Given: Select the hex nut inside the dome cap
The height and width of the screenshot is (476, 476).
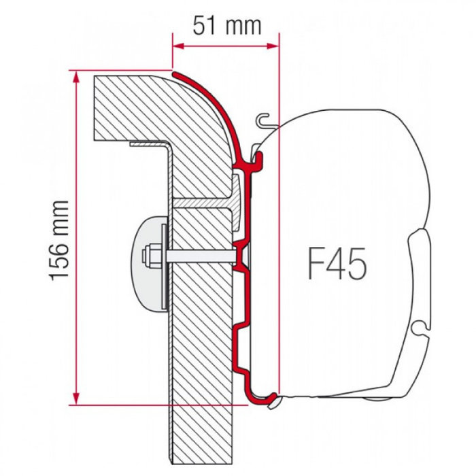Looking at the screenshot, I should (147, 257).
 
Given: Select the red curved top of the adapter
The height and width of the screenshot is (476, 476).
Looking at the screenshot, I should (211, 95).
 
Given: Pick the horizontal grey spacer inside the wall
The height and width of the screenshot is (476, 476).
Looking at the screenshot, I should (204, 203).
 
